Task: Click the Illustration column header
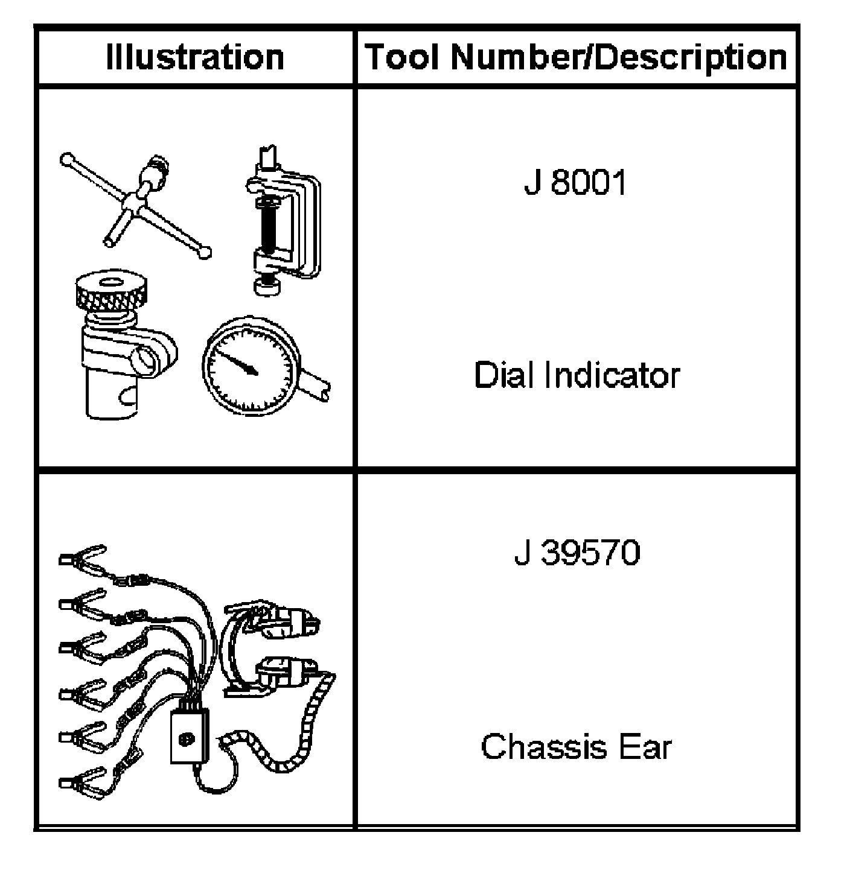coord(195,57)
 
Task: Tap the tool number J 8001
coord(575,182)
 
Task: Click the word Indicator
coord(612,375)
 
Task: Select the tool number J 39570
coord(577,553)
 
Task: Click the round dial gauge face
coord(250,366)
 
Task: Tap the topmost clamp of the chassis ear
coord(83,560)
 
